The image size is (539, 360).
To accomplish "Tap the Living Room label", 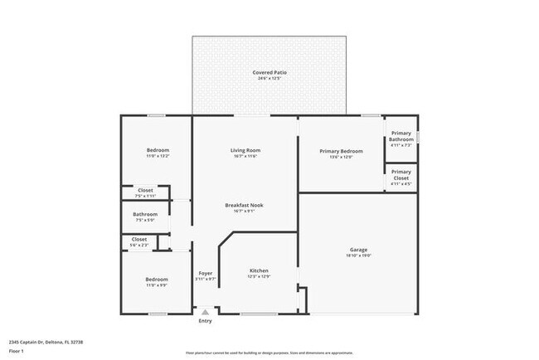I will click(245, 150).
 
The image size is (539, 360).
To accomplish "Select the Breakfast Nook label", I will click(245, 205).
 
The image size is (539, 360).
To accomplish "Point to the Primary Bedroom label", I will click(341, 151).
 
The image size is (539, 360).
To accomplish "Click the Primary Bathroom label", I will click(401, 136).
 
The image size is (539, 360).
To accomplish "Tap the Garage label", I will click(358, 250).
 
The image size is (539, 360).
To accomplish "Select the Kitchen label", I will click(260, 270).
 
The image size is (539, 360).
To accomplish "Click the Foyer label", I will click(205, 273).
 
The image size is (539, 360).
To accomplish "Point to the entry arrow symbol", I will click(205, 311).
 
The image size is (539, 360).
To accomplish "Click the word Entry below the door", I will click(205, 321).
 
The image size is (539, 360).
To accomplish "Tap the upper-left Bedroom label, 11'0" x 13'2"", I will click(158, 150).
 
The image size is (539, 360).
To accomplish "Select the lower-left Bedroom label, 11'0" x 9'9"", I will click(158, 280).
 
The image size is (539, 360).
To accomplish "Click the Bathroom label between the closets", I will click(145, 215).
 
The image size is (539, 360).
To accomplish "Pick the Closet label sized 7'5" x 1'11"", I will click(145, 190).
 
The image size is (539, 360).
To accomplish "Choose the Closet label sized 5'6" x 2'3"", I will click(139, 239).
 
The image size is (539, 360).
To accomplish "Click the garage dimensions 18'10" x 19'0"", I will click(358, 255).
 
